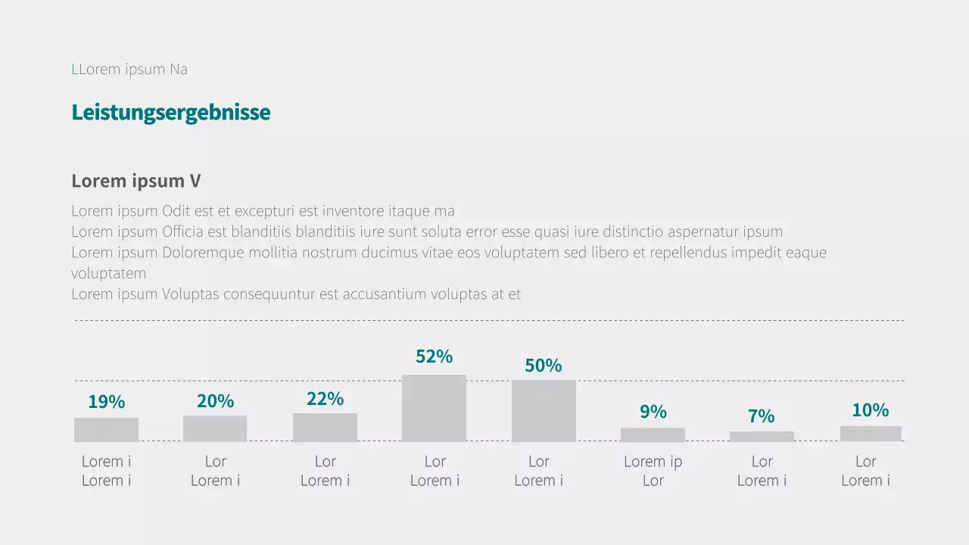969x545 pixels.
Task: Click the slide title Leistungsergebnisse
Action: tap(170, 113)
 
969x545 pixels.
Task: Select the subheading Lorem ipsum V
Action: tap(136, 182)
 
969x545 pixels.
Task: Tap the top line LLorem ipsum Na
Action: tap(129, 70)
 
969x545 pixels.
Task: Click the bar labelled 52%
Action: tap(434, 408)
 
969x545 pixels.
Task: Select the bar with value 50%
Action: tap(544, 410)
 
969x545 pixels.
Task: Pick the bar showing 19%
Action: tap(106, 429)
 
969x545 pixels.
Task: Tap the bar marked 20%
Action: tap(215, 428)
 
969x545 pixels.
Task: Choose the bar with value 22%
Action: tap(325, 427)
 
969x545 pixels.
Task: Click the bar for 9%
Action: tap(653, 434)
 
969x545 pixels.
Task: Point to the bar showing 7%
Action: tap(762, 437)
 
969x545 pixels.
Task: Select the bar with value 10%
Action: tap(871, 434)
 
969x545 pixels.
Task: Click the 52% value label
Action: tap(434, 357)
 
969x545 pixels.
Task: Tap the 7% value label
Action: tap(762, 416)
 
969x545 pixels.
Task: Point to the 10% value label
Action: tap(871, 410)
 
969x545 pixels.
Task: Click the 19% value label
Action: tap(106, 402)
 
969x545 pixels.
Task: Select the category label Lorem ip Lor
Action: tap(653, 471)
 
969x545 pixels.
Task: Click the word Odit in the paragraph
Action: tap(176, 211)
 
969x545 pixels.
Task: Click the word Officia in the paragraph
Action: tap(184, 232)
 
